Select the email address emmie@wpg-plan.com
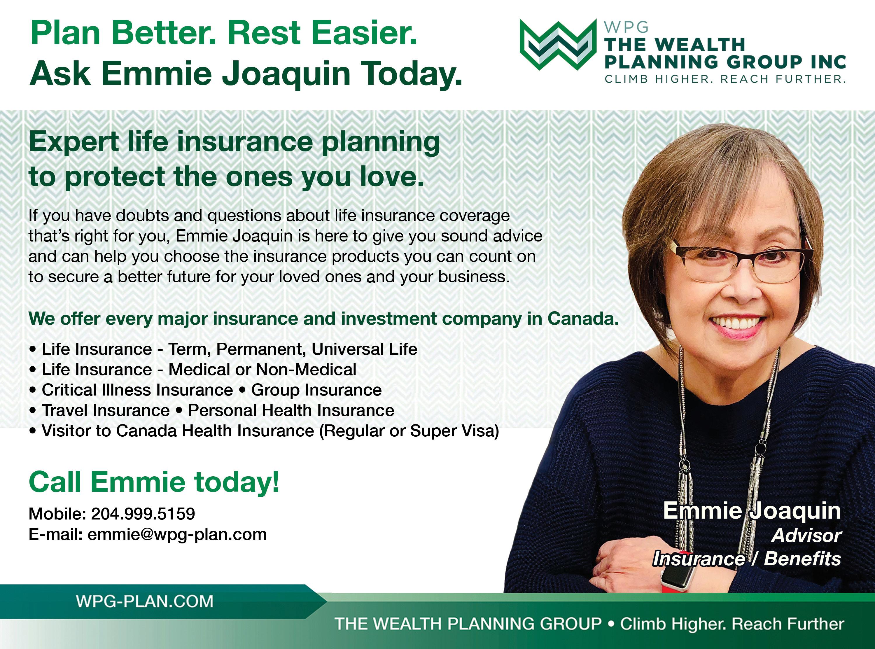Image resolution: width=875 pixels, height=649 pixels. [177, 535]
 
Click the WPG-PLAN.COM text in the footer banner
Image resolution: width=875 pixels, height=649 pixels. [145, 601]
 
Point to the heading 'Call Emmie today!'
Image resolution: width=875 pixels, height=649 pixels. [154, 482]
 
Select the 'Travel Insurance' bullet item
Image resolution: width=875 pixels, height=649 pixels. [106, 410]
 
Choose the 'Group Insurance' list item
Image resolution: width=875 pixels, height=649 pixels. [316, 390]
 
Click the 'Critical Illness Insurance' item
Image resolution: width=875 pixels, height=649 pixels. [137, 390]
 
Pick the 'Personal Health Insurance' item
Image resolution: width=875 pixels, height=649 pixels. [291, 410]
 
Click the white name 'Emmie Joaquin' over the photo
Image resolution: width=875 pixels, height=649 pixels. [752, 510]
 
